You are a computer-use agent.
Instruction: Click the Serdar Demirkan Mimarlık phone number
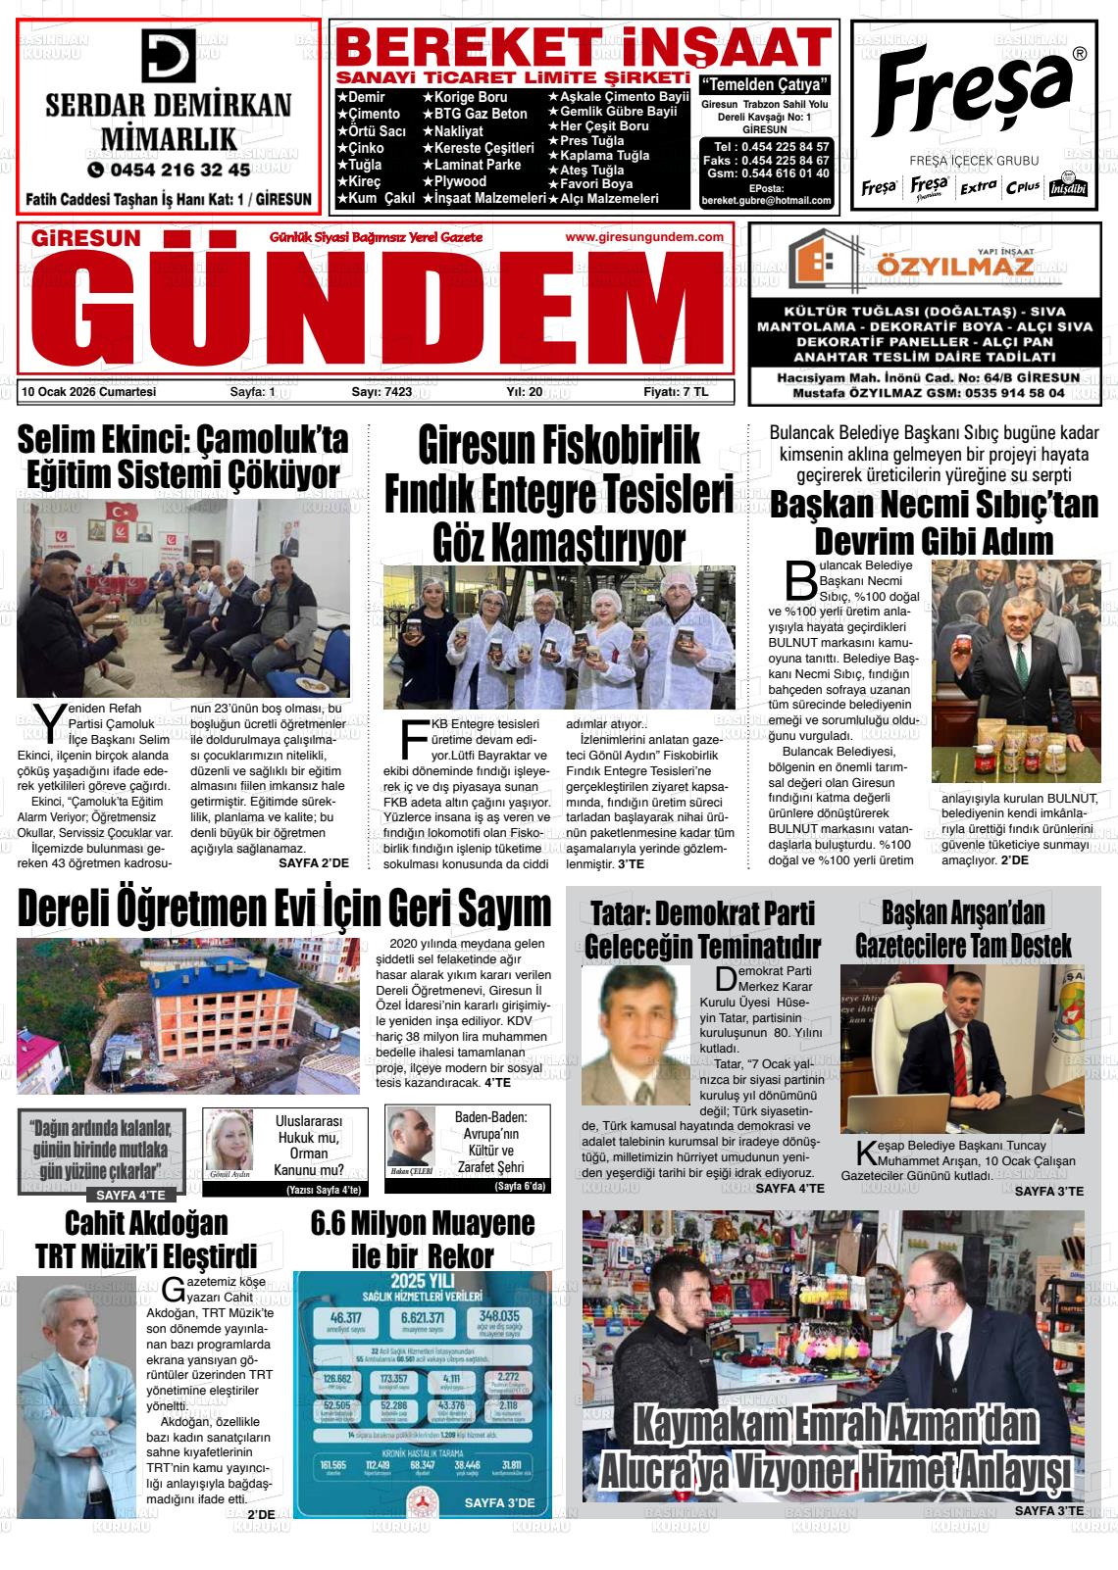click(169, 169)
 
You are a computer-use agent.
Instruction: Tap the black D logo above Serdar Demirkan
click(169, 56)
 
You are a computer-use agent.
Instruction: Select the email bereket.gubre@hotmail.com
click(766, 200)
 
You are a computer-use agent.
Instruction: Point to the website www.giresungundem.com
click(644, 237)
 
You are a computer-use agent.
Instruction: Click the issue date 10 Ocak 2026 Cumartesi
click(89, 392)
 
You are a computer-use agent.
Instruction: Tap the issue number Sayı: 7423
click(381, 392)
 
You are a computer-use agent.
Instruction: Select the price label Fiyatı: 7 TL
click(676, 392)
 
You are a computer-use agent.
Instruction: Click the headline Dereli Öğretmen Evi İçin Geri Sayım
click(284, 908)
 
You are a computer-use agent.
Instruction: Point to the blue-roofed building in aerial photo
click(226, 1019)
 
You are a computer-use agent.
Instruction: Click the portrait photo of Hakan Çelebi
click(410, 1142)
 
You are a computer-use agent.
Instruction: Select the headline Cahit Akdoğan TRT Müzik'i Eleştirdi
click(146, 1240)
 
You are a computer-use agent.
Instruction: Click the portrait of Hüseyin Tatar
click(635, 1037)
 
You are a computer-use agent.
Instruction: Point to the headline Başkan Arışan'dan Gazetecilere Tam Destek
click(963, 929)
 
